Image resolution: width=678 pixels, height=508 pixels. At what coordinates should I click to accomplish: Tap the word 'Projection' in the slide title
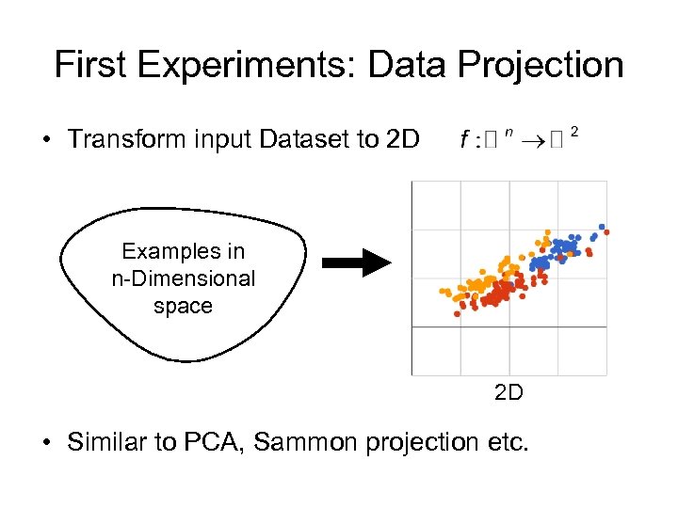[543, 65]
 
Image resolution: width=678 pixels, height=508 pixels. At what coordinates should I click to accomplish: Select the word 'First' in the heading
[89, 65]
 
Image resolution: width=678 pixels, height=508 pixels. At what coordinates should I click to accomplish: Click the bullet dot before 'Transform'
[46, 140]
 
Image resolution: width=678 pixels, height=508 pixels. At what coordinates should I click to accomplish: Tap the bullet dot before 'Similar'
[46, 443]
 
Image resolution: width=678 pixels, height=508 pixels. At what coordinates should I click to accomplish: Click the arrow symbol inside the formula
[533, 140]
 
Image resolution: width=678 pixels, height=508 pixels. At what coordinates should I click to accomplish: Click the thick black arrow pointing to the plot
[356, 263]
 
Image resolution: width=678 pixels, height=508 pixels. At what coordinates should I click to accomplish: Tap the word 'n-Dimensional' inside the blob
[183, 278]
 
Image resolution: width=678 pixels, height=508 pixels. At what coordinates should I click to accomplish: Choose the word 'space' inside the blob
[183, 306]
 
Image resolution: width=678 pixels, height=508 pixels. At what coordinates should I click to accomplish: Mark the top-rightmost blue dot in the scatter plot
[603, 227]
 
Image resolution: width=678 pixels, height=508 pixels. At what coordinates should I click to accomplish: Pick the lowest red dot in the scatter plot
[457, 314]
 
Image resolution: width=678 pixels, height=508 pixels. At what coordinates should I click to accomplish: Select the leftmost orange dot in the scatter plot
[443, 291]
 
